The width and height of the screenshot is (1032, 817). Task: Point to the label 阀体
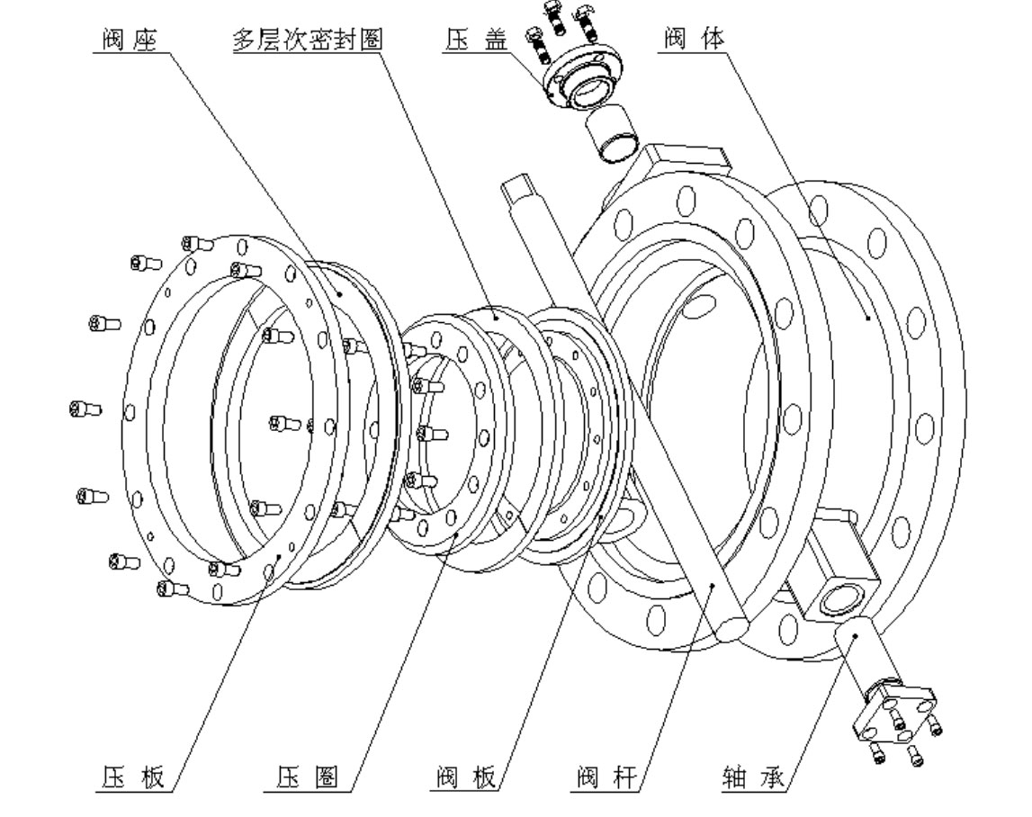693,41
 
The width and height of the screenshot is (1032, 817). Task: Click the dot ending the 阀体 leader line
866,316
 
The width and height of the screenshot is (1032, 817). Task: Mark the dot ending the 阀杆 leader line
711,587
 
